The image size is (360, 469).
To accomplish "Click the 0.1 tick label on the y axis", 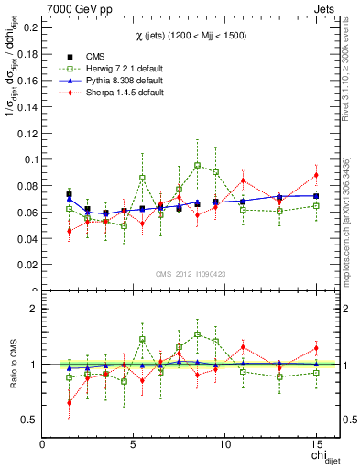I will point(29,159).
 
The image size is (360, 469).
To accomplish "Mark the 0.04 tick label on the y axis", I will point(27,239).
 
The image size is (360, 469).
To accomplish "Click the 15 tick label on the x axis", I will point(316,444).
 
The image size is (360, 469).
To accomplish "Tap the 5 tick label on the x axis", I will point(134,444).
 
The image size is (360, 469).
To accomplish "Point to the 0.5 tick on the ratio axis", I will point(29,420).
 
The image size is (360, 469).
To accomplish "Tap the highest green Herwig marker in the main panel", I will point(198,166).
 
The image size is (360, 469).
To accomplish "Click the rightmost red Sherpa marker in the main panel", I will point(316,175).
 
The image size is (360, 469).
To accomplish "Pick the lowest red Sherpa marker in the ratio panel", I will point(70,402).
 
